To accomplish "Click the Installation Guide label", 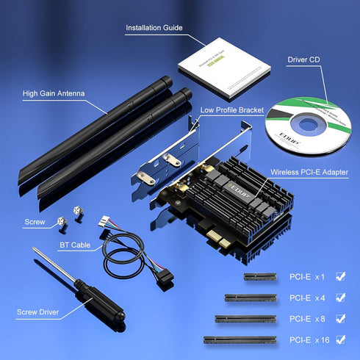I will pos(154,28).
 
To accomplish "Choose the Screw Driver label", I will pos(40,312).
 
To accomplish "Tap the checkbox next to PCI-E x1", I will pos(340,277).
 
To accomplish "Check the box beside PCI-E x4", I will pos(340,298).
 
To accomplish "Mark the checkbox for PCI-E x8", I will pos(340,319).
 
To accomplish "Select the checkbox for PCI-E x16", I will pos(340,339).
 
